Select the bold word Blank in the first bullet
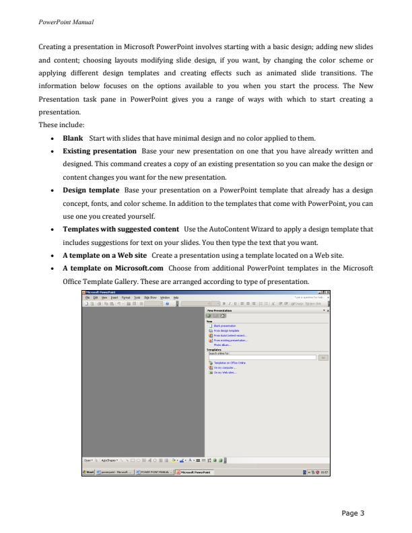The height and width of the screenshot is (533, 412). (x=72, y=138)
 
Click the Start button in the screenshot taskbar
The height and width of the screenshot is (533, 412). (x=88, y=472)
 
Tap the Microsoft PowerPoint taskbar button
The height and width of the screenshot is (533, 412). (x=194, y=472)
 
